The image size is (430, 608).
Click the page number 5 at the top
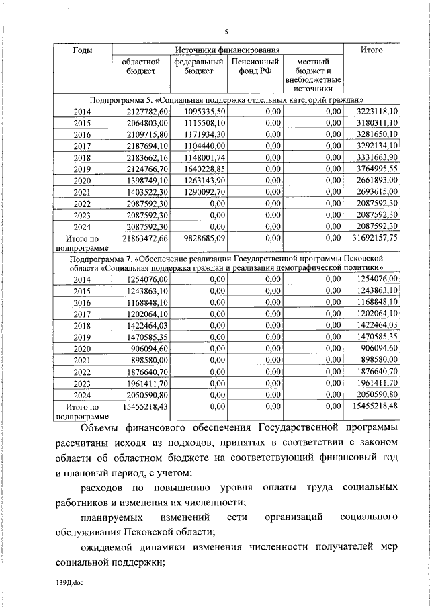(226, 32)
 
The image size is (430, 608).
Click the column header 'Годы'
(82, 50)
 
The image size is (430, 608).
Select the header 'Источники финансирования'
(227, 50)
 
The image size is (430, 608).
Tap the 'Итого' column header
(371, 50)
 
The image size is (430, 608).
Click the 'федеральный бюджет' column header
(198, 68)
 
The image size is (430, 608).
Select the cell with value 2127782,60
(144, 111)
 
